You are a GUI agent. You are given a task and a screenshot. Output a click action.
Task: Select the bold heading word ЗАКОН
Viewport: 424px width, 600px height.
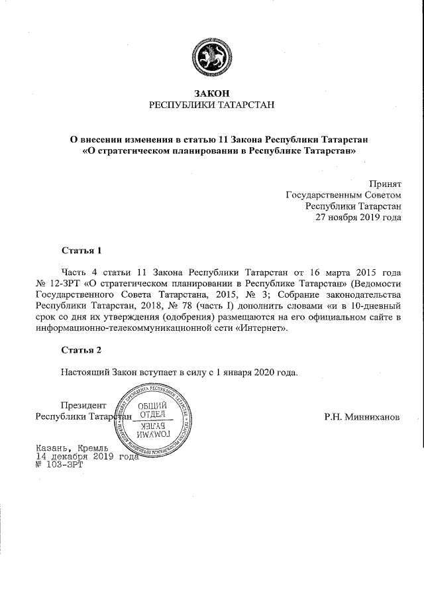click(211, 93)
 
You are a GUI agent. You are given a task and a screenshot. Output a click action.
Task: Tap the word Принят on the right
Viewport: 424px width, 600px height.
click(385, 184)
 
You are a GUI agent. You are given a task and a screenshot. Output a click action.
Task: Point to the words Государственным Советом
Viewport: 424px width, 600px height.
click(343, 195)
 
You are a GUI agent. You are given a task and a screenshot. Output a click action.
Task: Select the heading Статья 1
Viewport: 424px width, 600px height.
click(81, 251)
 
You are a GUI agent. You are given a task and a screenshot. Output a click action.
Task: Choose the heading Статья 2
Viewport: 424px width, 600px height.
click(81, 349)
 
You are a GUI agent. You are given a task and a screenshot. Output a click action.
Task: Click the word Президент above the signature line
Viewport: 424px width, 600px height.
click(83, 406)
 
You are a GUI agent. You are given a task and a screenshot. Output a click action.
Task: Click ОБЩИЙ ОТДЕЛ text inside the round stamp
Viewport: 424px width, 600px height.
click(151, 410)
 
